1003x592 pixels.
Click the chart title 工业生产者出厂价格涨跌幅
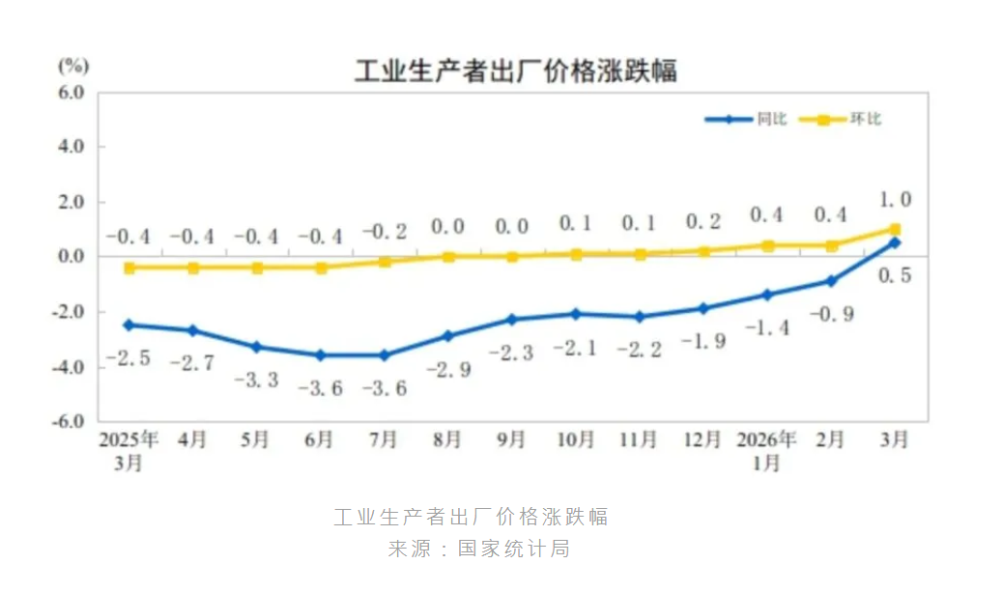tap(515, 70)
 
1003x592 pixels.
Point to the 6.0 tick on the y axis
tap(72, 93)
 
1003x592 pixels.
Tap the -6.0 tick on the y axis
tap(70, 422)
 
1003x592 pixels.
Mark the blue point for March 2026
tap(895, 242)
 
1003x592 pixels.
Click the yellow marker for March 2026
tap(895, 229)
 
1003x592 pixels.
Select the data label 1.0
tap(894, 200)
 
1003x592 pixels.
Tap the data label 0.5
tap(895, 275)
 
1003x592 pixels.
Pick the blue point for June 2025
tap(320, 355)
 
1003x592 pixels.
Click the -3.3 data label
tap(256, 380)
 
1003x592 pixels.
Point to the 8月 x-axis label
tap(447, 439)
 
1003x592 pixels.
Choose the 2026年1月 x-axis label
tap(767, 450)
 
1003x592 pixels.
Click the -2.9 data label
tap(447, 369)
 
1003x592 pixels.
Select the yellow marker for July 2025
tap(385, 262)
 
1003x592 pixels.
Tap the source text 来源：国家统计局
tap(479, 550)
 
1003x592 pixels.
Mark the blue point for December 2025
tap(703, 308)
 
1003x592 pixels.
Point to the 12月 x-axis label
tap(702, 439)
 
